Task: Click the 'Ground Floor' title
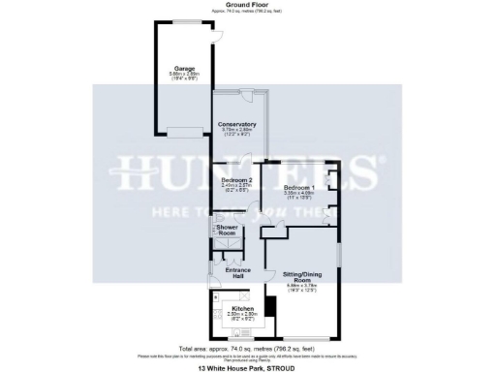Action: (x=246, y=5)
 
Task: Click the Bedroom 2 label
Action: (x=236, y=181)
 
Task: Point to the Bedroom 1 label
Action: (x=299, y=187)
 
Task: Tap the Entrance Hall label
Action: (x=237, y=272)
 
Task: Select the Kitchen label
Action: (x=242, y=308)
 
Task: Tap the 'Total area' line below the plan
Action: (x=248, y=347)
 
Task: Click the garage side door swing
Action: (x=220, y=35)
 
